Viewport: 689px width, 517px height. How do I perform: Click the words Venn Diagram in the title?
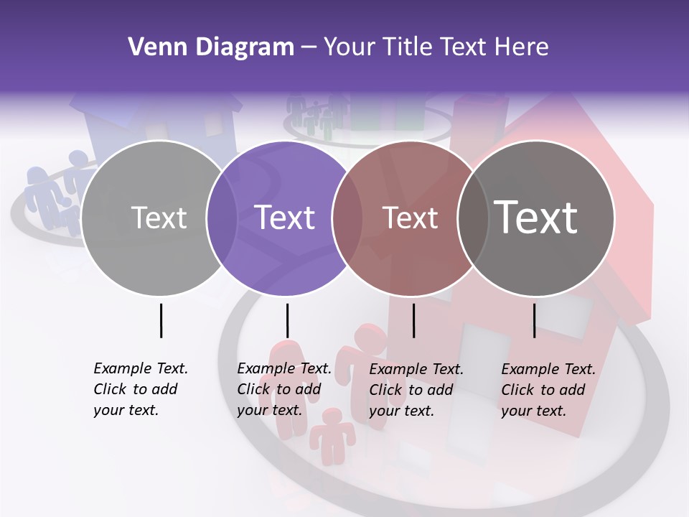pos(211,47)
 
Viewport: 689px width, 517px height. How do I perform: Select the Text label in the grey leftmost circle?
pos(159,218)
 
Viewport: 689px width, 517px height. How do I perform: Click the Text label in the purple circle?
pos(285,218)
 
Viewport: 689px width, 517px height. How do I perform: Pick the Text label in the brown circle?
pos(410,218)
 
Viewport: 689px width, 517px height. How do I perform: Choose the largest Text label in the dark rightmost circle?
pos(535,218)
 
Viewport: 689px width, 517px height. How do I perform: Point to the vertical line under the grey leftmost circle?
pos(161,320)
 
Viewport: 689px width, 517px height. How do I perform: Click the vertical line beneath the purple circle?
pos(287,320)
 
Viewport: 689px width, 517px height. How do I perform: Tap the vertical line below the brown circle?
pos(413,320)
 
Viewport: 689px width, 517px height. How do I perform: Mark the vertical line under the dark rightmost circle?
pos(534,320)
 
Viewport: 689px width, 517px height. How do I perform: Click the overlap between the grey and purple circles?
pos(222,218)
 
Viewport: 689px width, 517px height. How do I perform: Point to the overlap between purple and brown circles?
pos(347,218)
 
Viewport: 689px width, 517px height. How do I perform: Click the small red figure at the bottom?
pos(332,431)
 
